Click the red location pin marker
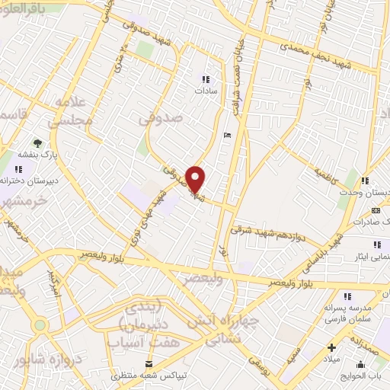coord(196,179)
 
